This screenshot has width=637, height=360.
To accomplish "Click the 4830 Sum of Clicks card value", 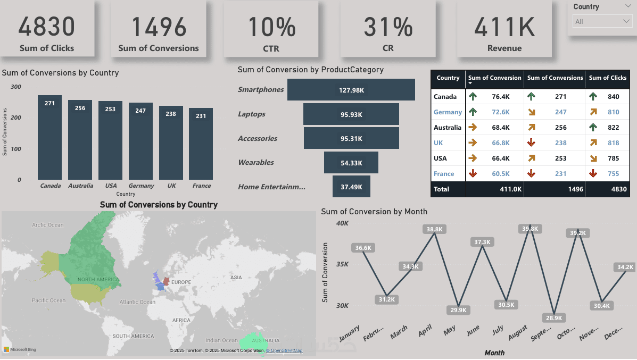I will coord(47,27).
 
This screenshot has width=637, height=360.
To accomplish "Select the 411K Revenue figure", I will coord(504,27).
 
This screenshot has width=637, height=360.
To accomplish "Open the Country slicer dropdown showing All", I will coord(602,21).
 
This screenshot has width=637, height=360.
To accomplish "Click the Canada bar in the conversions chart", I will coord(49,138).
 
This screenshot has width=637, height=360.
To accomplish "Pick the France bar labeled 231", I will coord(201,144).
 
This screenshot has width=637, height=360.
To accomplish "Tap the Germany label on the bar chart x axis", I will coord(141,186).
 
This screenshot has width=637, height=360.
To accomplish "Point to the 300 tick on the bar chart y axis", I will coord(16,87).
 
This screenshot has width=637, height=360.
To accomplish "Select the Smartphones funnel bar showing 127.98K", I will coord(351,90).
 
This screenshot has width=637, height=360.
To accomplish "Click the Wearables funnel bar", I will coord(351,162).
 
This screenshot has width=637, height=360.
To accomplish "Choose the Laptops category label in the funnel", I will coord(252,114).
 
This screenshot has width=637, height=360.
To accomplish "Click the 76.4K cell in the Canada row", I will coord(500,97).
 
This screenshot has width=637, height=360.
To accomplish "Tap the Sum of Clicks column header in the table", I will coord(608,78).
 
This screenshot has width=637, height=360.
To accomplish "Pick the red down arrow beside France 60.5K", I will coord(472,173).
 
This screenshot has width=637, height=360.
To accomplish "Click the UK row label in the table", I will coord(438,143).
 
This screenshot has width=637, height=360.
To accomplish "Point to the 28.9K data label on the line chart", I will coord(555,317).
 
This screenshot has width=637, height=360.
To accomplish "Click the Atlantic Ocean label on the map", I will coord(137,302).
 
